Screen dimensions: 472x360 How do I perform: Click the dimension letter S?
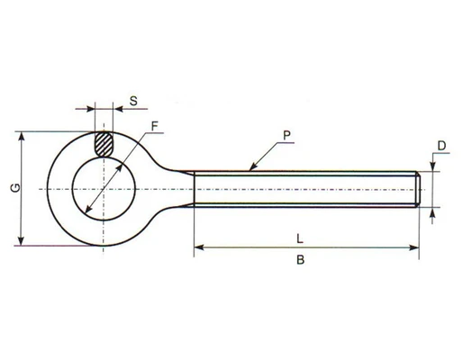click(133, 101)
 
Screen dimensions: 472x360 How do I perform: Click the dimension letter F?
click(154, 126)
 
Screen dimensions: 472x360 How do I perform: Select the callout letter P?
click(286, 136)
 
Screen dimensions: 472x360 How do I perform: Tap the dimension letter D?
click(441, 146)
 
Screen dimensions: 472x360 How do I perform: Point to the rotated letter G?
click(15, 188)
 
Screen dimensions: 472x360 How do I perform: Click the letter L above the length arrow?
click(300, 239)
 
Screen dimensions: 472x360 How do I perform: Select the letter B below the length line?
click(301, 259)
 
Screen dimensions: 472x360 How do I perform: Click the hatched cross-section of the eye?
click(104, 144)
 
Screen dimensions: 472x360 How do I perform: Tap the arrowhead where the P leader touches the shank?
click(253, 166)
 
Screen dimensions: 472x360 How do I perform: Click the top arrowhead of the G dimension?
click(21, 137)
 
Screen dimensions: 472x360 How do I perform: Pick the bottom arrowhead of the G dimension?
click(21, 241)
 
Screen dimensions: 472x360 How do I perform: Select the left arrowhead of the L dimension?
click(199, 247)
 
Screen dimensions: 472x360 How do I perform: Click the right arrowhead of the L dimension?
click(414, 247)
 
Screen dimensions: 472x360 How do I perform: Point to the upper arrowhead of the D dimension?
click(432, 166)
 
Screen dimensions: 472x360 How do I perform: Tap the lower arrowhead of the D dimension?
click(432, 212)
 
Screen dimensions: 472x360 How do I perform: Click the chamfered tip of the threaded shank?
click(419, 190)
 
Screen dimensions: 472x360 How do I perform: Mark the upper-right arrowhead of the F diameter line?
click(119, 168)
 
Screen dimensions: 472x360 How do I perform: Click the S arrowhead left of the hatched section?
click(90, 109)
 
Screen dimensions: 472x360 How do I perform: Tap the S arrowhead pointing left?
click(118, 109)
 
